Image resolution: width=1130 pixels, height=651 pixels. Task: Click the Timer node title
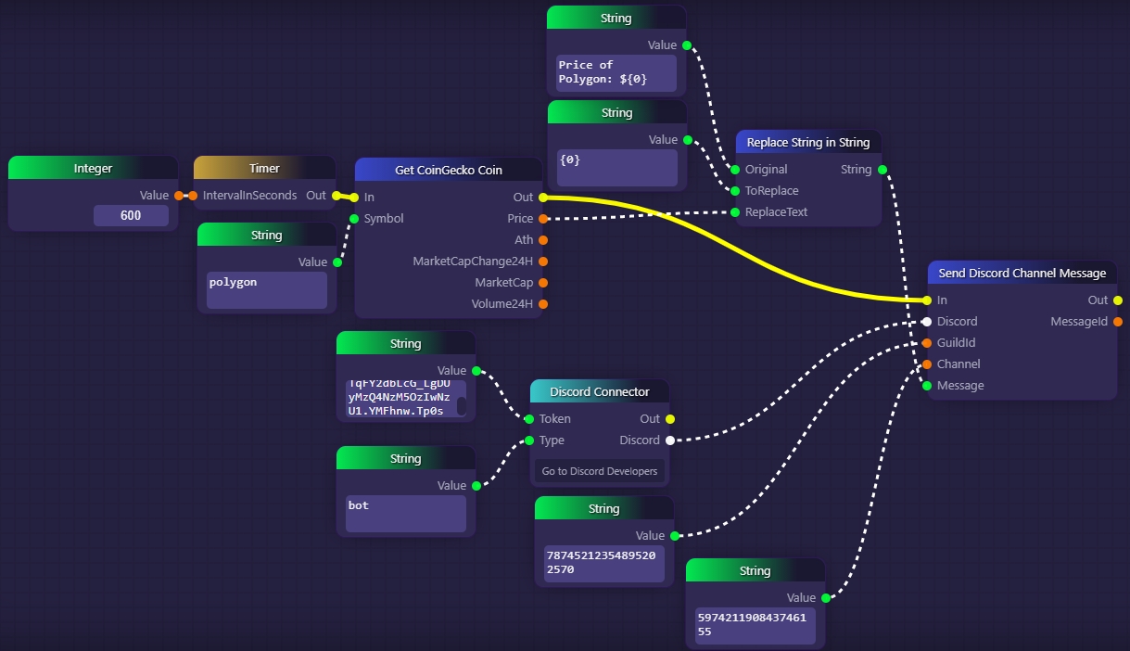(264, 169)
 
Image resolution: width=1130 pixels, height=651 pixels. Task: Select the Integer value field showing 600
(131, 216)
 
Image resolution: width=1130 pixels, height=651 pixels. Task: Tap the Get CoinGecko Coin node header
(449, 170)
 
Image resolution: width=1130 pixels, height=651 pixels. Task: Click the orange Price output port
(543, 219)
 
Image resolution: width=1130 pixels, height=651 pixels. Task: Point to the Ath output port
(543, 240)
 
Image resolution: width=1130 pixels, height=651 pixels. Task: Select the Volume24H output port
(543, 304)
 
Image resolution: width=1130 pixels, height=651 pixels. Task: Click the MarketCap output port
(543, 283)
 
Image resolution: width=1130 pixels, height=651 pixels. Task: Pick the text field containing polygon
(267, 290)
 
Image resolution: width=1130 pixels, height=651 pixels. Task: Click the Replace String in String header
(808, 142)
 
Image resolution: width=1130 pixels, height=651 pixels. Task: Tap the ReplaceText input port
(735, 212)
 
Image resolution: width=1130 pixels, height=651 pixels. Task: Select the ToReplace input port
(735, 191)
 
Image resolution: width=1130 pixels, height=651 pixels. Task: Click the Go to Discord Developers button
(600, 471)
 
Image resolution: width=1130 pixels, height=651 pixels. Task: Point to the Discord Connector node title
(600, 391)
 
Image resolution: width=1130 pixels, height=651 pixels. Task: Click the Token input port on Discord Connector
(529, 419)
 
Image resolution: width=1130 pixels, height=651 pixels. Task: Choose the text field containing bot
(405, 514)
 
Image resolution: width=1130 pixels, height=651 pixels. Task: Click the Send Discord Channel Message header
(1022, 273)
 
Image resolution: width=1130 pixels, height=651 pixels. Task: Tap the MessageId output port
(1117, 322)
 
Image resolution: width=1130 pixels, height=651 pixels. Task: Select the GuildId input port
(927, 343)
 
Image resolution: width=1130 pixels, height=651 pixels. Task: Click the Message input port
(927, 386)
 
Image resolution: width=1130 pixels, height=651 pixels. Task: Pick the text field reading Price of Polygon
(616, 72)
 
